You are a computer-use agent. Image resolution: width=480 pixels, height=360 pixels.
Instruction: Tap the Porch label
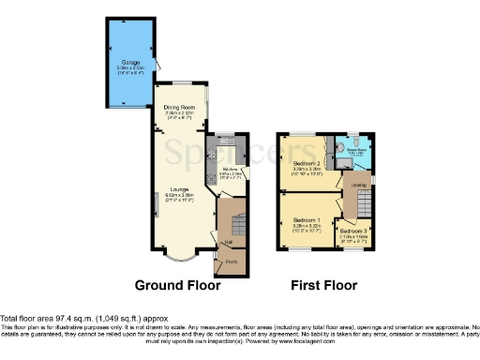[x=232, y=262]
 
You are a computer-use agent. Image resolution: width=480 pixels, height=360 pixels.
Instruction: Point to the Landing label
[x=359, y=185]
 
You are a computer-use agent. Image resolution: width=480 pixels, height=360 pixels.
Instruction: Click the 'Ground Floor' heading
[x=178, y=285]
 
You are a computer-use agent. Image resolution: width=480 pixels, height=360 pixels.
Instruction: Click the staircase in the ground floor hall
[x=235, y=225]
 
